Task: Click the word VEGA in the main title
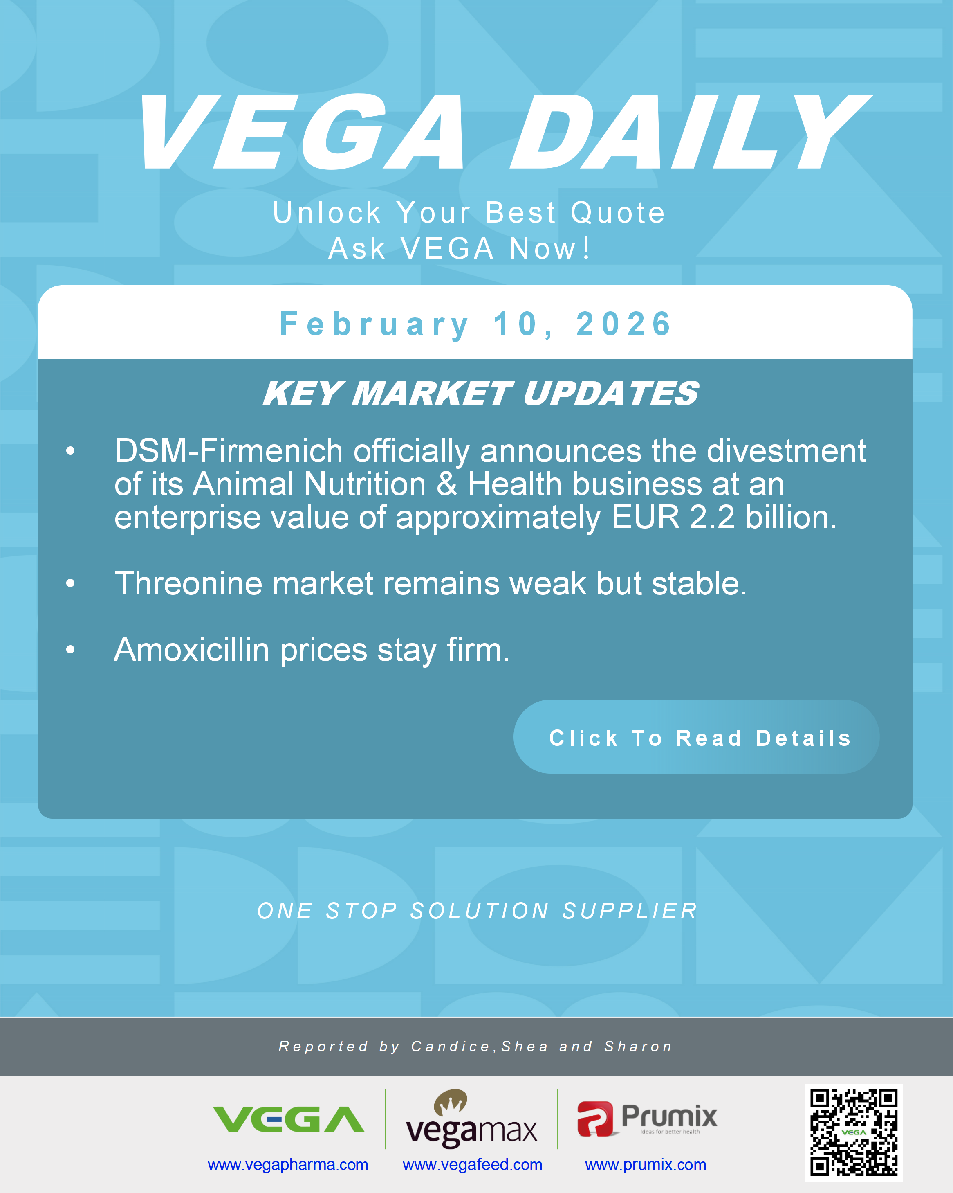[301, 133]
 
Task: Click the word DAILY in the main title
[688, 133]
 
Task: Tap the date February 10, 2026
[475, 324]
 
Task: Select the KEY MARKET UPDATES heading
[480, 394]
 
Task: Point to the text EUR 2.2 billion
[724, 518]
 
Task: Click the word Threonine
[188, 584]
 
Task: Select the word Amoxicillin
[191, 650]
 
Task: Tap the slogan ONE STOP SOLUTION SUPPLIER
[477, 911]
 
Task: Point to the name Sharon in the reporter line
[638, 1047]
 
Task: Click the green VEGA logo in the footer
[288, 1119]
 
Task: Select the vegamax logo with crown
[471, 1119]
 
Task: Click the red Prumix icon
[595, 1119]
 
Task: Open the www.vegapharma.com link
[287, 1165]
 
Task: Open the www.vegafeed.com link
[472, 1165]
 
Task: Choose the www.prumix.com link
[646, 1165]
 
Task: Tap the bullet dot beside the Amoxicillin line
[70, 650]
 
